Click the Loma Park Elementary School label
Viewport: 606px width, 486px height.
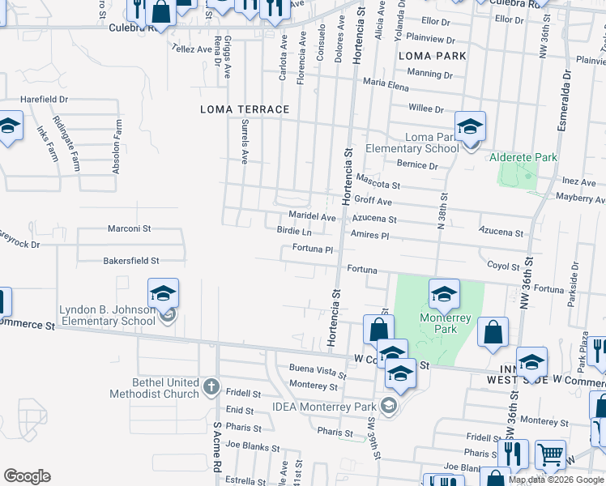412,143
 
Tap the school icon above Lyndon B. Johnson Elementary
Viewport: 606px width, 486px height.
163,292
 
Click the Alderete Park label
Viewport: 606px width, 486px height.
523,156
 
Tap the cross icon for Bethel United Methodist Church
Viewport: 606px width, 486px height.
211,386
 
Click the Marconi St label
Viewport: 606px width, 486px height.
130,228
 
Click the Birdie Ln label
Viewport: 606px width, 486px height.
294,232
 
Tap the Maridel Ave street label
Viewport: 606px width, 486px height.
312,217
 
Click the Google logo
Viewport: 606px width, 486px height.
27,476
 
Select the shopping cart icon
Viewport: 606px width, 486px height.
551,455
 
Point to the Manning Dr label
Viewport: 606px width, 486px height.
430,74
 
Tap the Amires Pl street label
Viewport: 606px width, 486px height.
370,234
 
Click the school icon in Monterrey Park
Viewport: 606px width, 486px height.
444,294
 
